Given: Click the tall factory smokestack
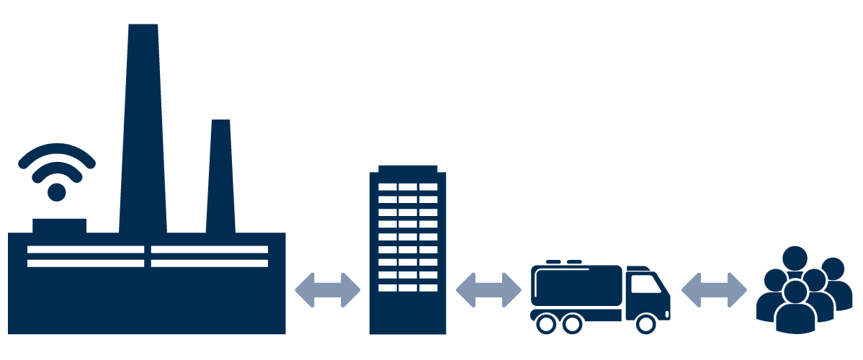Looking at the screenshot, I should [x=143, y=130].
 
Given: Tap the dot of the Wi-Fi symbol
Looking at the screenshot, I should [x=56, y=192].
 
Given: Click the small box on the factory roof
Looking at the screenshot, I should [x=59, y=225].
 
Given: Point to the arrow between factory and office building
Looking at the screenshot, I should [x=328, y=290].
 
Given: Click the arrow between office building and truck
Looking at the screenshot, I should [x=488, y=290].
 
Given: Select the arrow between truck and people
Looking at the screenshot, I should [x=714, y=290].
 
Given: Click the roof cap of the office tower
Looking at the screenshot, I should [x=408, y=168].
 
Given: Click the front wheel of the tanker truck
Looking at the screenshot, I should [x=646, y=324].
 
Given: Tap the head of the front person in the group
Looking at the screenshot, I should [x=795, y=292].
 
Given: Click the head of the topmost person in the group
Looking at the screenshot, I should [x=795, y=257].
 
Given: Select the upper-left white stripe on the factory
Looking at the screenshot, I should [x=86, y=250].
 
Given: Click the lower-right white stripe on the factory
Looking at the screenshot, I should [x=210, y=263].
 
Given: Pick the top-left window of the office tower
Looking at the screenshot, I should [x=388, y=186].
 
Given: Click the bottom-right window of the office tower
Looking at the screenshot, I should [x=429, y=287].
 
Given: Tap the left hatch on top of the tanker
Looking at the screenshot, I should [x=553, y=262].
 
